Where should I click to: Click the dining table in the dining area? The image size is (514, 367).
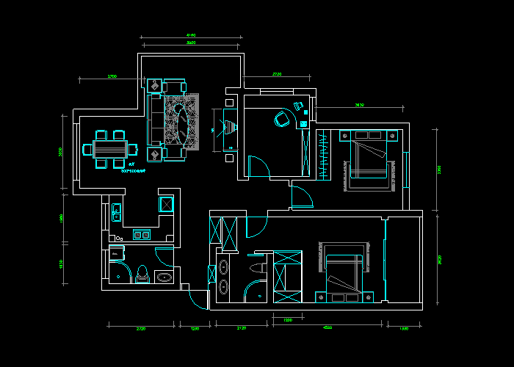point(111,148)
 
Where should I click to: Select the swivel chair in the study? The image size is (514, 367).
point(281,117)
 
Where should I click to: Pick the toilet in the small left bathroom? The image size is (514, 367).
point(142,274)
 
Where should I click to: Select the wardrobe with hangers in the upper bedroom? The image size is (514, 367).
point(323,154)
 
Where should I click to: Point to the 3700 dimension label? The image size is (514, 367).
point(112,76)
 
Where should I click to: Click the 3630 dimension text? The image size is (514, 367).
point(359,106)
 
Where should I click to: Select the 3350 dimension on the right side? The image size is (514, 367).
point(439,170)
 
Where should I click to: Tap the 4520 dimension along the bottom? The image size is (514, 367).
point(327,327)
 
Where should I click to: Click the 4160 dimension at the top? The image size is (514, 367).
point(191,34)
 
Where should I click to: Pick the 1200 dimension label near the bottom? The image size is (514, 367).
point(288,320)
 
